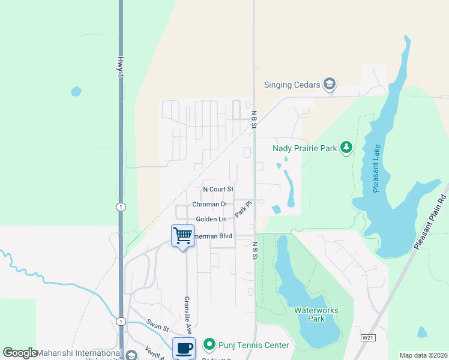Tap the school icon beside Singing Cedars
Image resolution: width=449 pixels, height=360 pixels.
click(329, 84)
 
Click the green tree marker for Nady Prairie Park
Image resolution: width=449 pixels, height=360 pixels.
click(346, 147)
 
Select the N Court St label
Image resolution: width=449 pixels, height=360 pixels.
click(218, 189)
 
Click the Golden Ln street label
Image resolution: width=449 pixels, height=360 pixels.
click(211, 219)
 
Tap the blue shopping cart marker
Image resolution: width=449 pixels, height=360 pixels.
click(182, 235)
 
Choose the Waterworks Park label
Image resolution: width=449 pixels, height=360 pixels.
click(316, 314)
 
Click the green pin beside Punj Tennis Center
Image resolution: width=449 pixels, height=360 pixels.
click(209, 344)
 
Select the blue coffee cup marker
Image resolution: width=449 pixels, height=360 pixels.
click(184, 347)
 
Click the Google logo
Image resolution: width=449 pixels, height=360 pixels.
click(20, 353)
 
